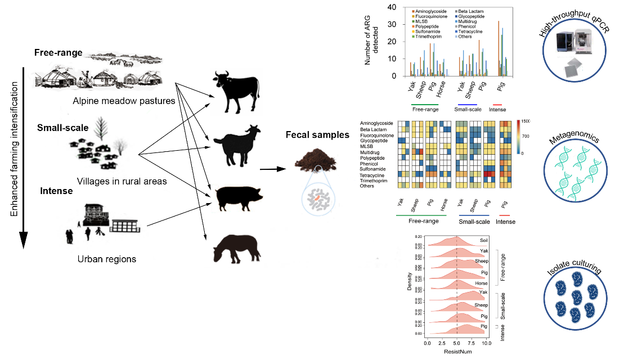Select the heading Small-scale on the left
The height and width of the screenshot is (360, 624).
[63, 128]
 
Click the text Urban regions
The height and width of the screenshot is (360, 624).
[107, 259]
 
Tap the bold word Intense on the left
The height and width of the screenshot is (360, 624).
[56, 191]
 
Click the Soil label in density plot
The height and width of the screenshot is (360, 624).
[484, 240]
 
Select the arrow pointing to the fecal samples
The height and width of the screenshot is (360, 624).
[275, 168]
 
